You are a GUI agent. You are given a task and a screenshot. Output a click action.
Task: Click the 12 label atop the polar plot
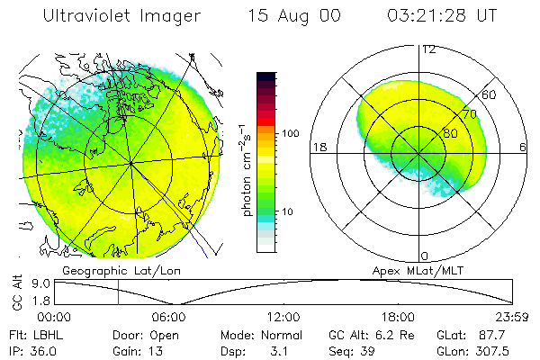428,49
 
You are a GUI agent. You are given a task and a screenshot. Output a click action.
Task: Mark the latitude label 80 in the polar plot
438,132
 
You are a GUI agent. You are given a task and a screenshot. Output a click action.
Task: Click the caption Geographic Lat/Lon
113,270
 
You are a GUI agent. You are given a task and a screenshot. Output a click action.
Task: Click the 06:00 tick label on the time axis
169,317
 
